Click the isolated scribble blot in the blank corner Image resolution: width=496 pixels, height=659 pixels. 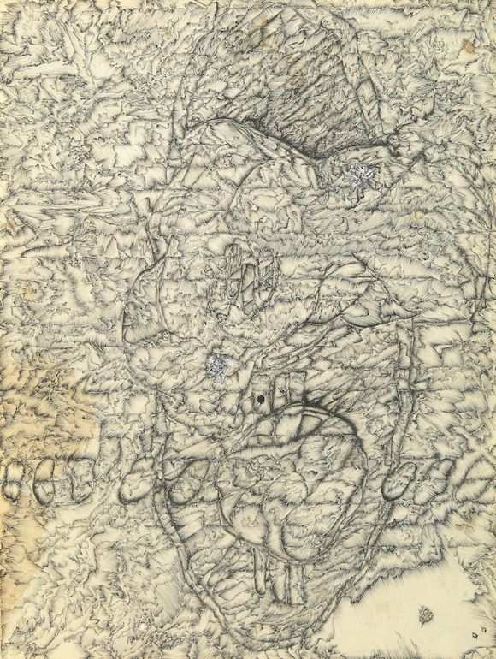[x=425, y=613]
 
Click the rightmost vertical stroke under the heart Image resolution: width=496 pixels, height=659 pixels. [x=299, y=582]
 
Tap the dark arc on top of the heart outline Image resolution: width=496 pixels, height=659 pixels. [x=316, y=411]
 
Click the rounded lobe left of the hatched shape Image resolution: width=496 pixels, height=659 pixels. [x=154, y=300]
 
